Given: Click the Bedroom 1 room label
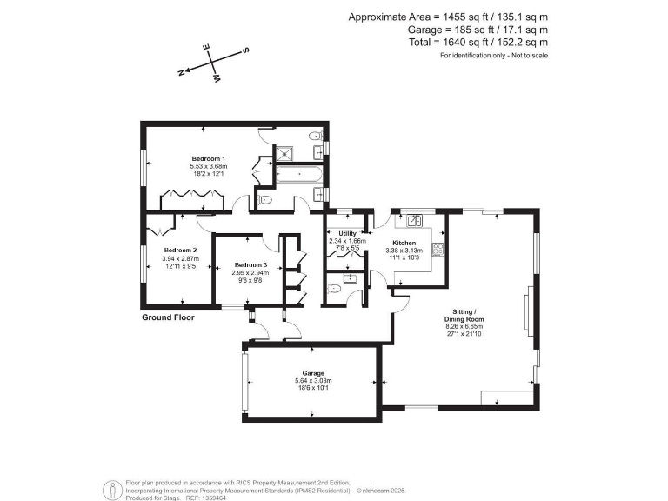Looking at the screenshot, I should pyautogui.click(x=203, y=158).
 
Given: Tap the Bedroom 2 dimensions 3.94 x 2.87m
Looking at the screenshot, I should pyautogui.click(x=180, y=258).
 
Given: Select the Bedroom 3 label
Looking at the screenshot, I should pyautogui.click(x=249, y=264).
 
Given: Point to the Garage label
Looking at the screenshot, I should pyautogui.click(x=313, y=373).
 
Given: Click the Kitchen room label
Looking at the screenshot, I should pyautogui.click(x=404, y=244).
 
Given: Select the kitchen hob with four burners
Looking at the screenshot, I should pyautogui.click(x=438, y=250).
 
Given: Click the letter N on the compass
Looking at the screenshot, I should pyautogui.click(x=182, y=73).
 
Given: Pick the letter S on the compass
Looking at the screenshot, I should pyautogui.click(x=245, y=50).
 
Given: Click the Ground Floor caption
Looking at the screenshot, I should pyautogui.click(x=168, y=318).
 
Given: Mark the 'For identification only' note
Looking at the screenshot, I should pyautogui.click(x=494, y=55).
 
